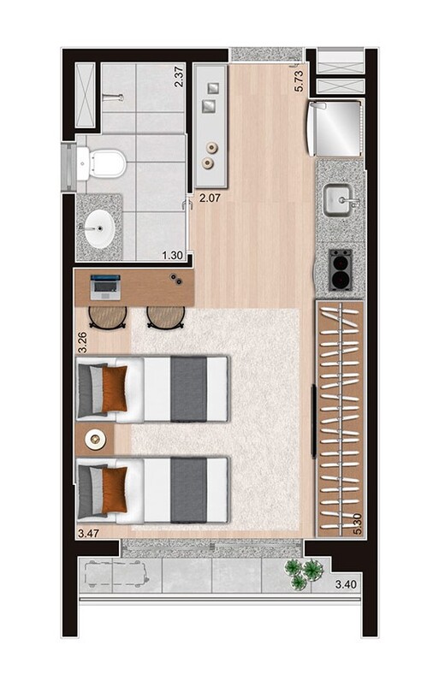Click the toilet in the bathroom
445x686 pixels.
[104, 162]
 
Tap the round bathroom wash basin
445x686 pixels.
[98, 228]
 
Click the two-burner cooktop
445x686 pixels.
[341, 269]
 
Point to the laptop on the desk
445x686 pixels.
[105, 286]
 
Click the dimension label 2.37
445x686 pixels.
[180, 78]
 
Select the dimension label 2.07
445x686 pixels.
[211, 198]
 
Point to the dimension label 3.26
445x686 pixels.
[82, 342]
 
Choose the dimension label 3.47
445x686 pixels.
[88, 534]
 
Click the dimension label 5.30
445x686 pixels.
[357, 519]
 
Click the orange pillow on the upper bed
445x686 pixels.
[115, 387]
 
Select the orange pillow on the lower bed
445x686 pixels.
[115, 489]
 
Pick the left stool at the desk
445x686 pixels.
[108, 316]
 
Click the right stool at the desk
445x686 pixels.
[165, 316]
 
